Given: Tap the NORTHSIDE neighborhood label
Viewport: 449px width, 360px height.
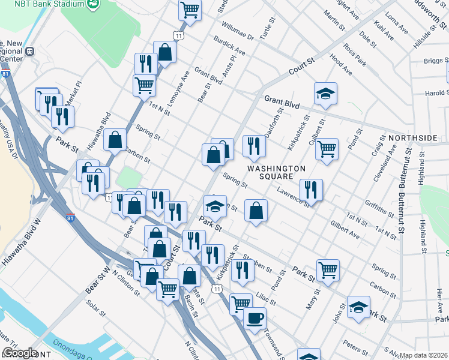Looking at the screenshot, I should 413,138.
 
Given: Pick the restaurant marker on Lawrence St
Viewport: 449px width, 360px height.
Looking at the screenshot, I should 311,190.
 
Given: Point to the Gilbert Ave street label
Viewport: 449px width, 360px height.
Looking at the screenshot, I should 345,229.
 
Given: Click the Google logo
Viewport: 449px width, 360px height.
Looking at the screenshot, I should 19,353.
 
